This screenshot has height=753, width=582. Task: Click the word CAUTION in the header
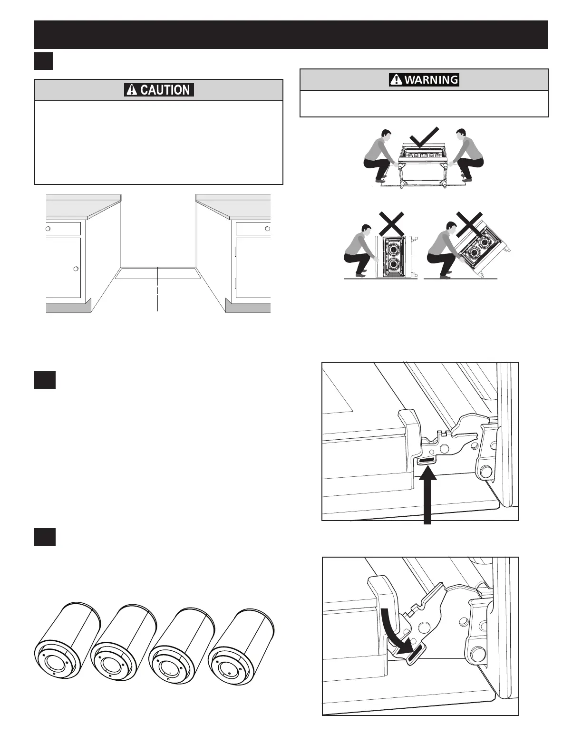[x=165, y=90]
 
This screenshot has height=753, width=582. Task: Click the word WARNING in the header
[x=431, y=79]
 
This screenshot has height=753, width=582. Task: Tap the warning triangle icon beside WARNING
[x=396, y=79]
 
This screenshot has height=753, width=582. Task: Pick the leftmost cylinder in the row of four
[x=67, y=639]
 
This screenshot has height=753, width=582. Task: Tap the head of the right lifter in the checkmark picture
[x=460, y=136]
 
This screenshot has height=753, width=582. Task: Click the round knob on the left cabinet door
[x=76, y=269]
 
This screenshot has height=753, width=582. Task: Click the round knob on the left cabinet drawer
[x=48, y=228]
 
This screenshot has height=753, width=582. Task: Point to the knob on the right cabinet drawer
[x=267, y=229]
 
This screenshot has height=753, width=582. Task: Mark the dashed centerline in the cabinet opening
[x=157, y=290]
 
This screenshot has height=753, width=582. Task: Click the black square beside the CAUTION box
[x=43, y=61]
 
